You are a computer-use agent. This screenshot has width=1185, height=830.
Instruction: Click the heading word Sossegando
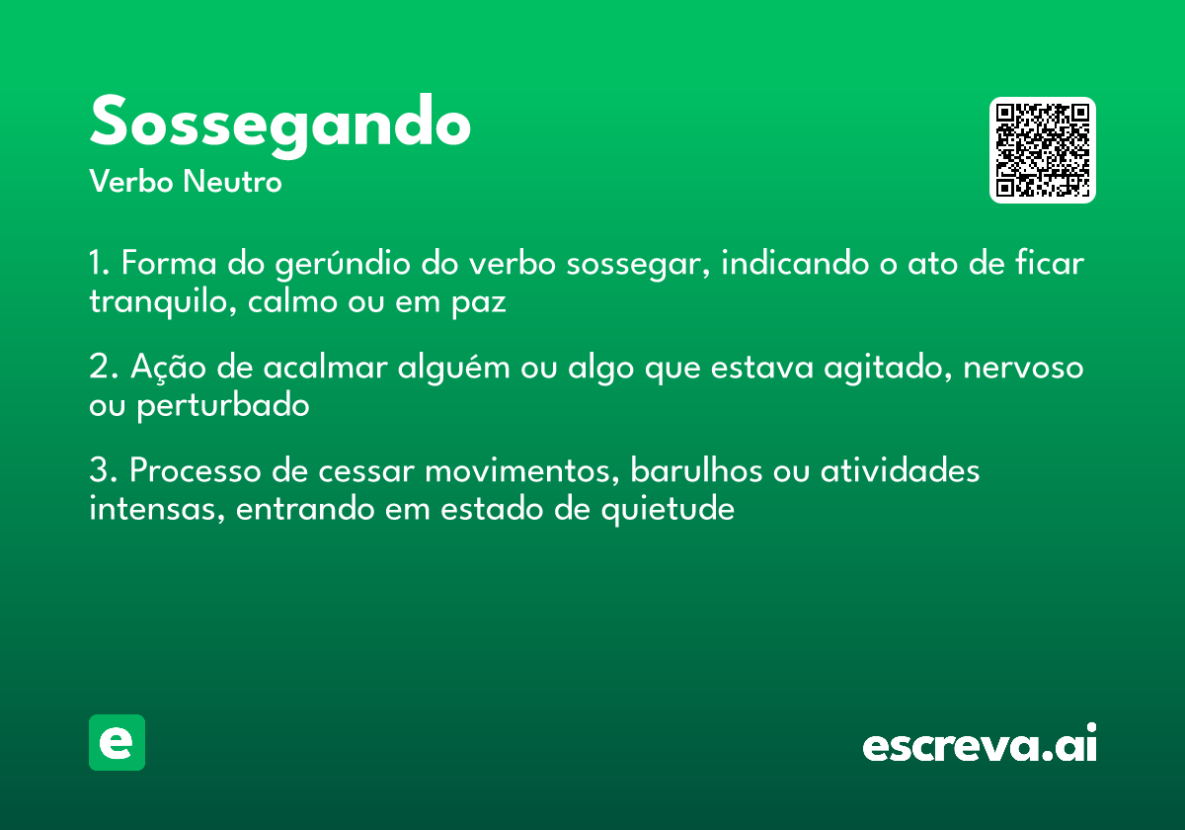click(279, 123)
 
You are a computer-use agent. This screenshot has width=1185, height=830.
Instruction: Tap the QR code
click(1042, 150)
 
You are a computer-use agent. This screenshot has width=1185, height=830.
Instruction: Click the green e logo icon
click(117, 743)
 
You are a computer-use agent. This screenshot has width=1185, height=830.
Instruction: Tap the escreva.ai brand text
click(980, 745)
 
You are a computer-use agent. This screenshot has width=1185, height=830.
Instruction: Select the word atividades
click(900, 471)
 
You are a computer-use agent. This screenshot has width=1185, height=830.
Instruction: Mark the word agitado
click(875, 369)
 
